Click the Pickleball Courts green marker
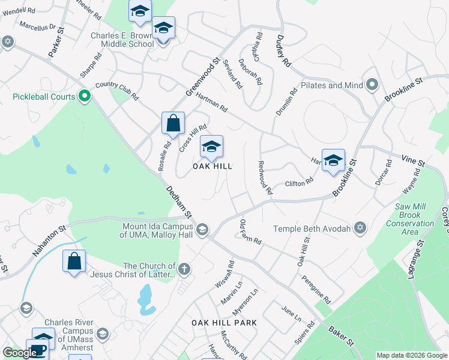point(85,96)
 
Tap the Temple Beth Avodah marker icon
point(360,228)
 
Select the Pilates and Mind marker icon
point(372,85)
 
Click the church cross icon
point(184,269)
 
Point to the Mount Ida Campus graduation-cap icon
point(202,229)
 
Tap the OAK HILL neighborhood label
point(212,166)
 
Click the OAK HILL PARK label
point(224,323)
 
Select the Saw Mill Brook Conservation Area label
point(411,219)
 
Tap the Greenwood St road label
point(203,78)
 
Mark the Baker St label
point(340,336)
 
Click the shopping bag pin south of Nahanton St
point(74,262)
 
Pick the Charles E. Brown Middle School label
point(122,40)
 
